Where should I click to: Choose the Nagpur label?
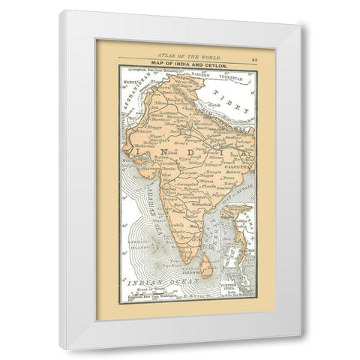coord(196,170)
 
